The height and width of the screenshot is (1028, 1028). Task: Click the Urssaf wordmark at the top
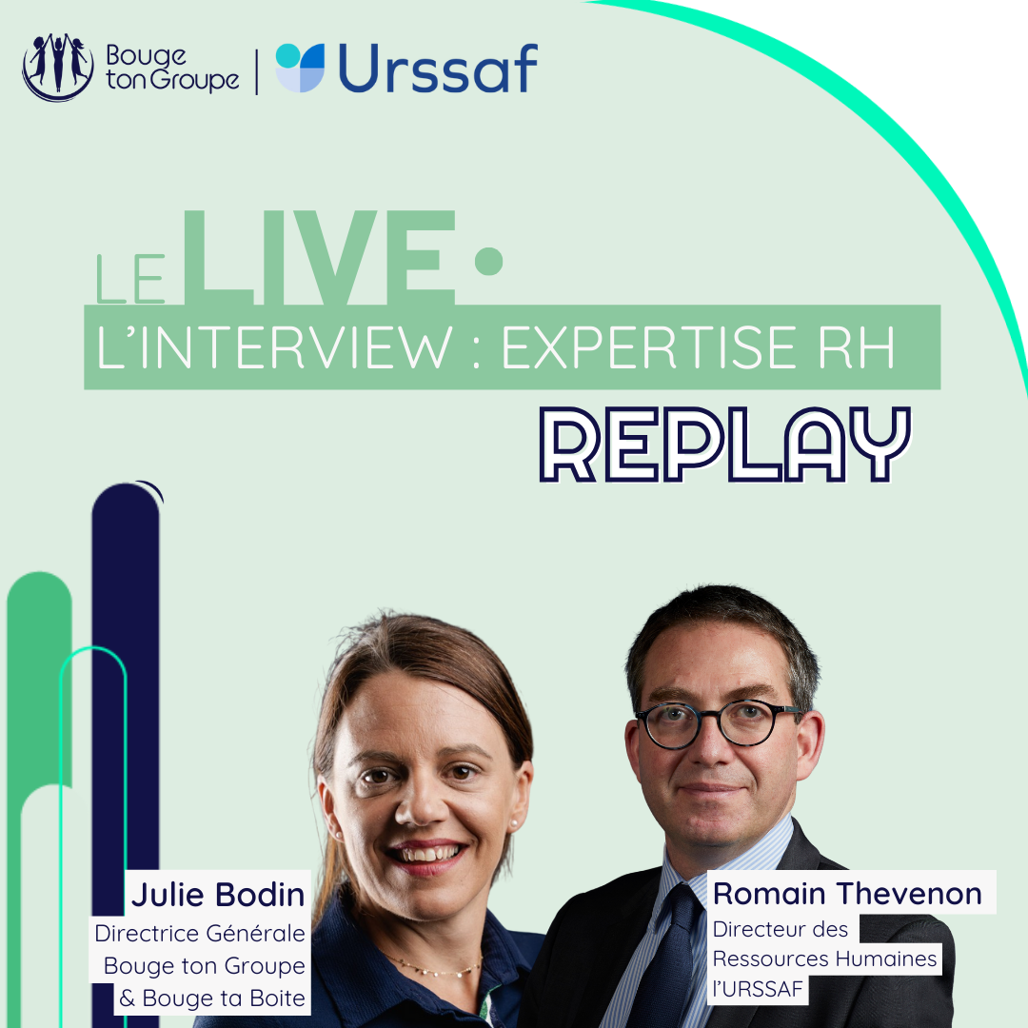(438, 69)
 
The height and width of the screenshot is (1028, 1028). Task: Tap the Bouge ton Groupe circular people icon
(58, 67)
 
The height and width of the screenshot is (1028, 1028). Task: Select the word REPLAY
(724, 444)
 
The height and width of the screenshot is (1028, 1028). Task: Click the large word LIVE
(319, 258)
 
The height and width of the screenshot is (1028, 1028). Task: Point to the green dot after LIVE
(488, 261)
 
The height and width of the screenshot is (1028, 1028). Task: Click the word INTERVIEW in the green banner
(295, 346)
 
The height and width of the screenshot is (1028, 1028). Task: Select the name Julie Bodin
(218, 895)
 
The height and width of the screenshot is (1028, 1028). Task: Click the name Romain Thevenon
(847, 894)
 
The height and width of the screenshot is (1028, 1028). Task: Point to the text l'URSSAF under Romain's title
(758, 989)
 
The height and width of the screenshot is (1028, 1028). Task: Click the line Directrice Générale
(200, 933)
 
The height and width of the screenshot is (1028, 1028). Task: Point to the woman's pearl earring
(514, 822)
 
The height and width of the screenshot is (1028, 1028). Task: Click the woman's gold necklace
(436, 966)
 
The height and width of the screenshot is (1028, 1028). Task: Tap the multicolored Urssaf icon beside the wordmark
(300, 68)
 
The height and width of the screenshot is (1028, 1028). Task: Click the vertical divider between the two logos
(256, 71)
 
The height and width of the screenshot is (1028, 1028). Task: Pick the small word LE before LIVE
(130, 279)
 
